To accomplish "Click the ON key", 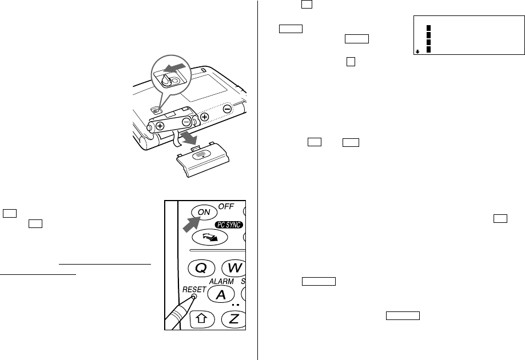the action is click(x=204, y=212).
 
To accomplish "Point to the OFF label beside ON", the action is click(x=226, y=206).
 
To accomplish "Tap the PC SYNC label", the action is click(x=229, y=225).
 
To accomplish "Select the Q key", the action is click(x=201, y=268).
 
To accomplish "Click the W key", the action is click(x=234, y=267).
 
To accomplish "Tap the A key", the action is click(x=221, y=294).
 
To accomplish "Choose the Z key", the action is click(x=234, y=319).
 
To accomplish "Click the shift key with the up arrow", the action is click(x=201, y=319).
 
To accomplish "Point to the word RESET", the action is click(x=194, y=289).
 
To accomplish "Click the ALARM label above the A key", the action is click(x=221, y=281).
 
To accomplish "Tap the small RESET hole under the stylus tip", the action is click(x=194, y=296).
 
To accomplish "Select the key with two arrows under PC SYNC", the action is click(x=210, y=237).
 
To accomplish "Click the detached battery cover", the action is click(x=202, y=159).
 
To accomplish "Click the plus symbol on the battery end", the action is click(x=160, y=126).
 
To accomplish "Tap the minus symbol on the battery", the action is click(x=187, y=122).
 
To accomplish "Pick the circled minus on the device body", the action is click(x=227, y=109).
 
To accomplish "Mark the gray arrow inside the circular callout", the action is click(x=174, y=68).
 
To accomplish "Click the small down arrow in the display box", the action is click(x=417, y=52).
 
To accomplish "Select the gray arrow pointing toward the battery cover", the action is click(x=188, y=137).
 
